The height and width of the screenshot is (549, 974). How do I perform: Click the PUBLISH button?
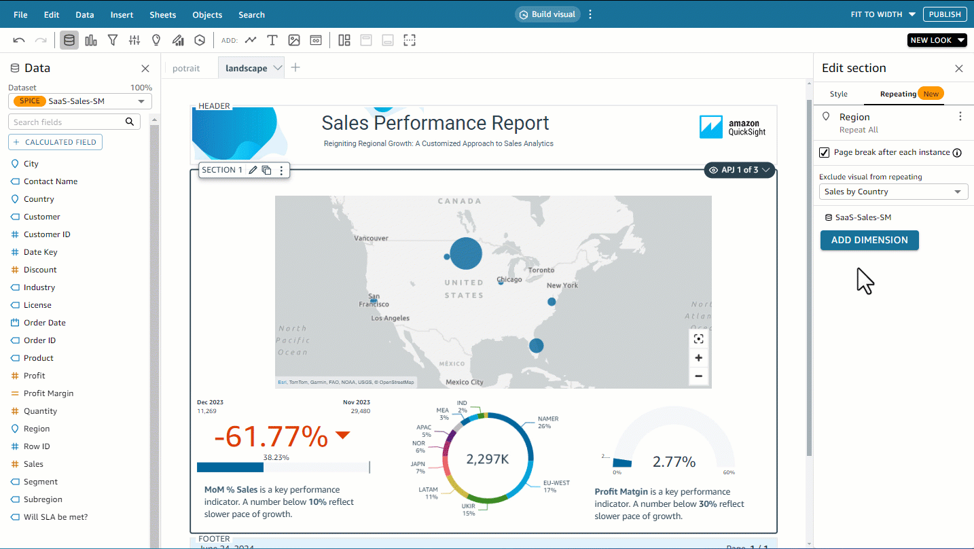[x=945, y=14]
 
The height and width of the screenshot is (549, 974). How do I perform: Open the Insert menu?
[x=122, y=14]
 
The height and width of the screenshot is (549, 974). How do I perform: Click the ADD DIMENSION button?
[x=869, y=240]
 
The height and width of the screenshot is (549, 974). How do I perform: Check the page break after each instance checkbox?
[x=825, y=152]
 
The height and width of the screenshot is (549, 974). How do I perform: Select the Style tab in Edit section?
[x=839, y=94]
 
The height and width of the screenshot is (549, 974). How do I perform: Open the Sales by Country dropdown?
[x=893, y=192]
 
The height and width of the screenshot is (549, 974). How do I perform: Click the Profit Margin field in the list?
[x=48, y=393]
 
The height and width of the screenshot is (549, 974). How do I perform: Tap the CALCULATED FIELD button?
[x=55, y=142]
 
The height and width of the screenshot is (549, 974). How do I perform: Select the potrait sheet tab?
[x=186, y=69]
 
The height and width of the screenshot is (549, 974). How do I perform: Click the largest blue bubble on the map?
[x=465, y=254]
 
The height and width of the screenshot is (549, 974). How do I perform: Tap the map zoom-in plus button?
[x=698, y=358]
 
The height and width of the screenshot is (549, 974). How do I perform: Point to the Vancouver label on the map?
[x=372, y=238]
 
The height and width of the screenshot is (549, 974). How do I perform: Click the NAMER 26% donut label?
[x=547, y=423]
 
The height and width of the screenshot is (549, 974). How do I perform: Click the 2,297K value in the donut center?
[x=488, y=459]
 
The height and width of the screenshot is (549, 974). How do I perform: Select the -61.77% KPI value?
[x=272, y=437]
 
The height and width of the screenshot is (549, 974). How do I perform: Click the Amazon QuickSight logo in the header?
[x=732, y=127]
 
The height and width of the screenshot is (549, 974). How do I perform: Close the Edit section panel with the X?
[x=959, y=69]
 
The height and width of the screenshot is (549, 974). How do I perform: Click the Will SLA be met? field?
[x=56, y=517]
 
